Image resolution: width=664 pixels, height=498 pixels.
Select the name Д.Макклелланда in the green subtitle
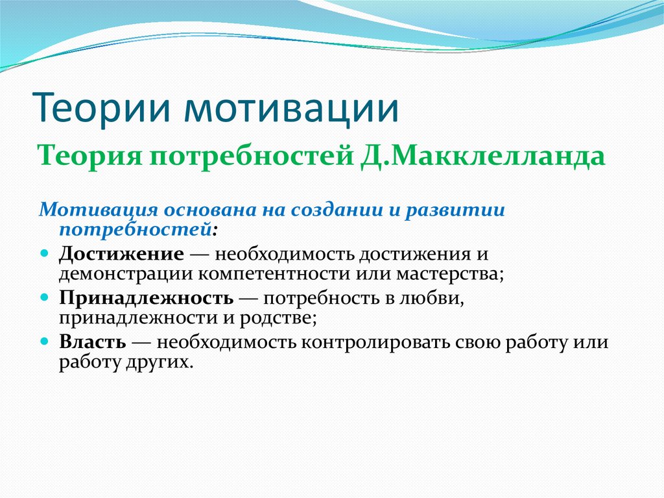tap(483, 156)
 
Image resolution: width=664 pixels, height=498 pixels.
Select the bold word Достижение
tap(121, 255)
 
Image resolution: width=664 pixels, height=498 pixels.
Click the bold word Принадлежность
tap(146, 299)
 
